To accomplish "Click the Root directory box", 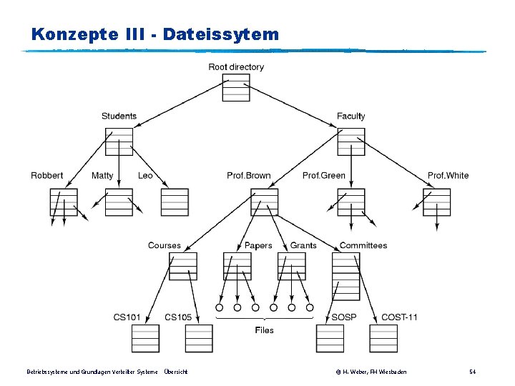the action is [x=236, y=87].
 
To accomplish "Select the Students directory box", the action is [x=119, y=142].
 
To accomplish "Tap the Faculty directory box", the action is [x=351, y=142].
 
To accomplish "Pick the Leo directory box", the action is [x=175, y=202].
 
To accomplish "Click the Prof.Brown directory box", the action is [x=265, y=202].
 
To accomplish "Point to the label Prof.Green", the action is [x=324, y=176].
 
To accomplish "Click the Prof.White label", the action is [x=448, y=176].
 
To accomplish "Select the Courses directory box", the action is [x=183, y=266].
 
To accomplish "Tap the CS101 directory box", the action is [x=145, y=338].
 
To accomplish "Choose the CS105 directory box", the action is [x=199, y=338].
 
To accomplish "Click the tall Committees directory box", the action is [x=346, y=277].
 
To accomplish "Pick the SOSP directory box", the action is [x=330, y=338].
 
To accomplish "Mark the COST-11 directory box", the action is [x=383, y=338].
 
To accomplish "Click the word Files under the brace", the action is [x=265, y=330].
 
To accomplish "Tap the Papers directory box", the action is [x=237, y=266].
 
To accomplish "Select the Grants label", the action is [x=303, y=245].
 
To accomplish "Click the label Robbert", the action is [x=47, y=176].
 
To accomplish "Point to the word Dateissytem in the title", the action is [x=221, y=34].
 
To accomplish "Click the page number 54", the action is [x=472, y=372].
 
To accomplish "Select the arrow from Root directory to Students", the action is [x=181, y=104].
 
